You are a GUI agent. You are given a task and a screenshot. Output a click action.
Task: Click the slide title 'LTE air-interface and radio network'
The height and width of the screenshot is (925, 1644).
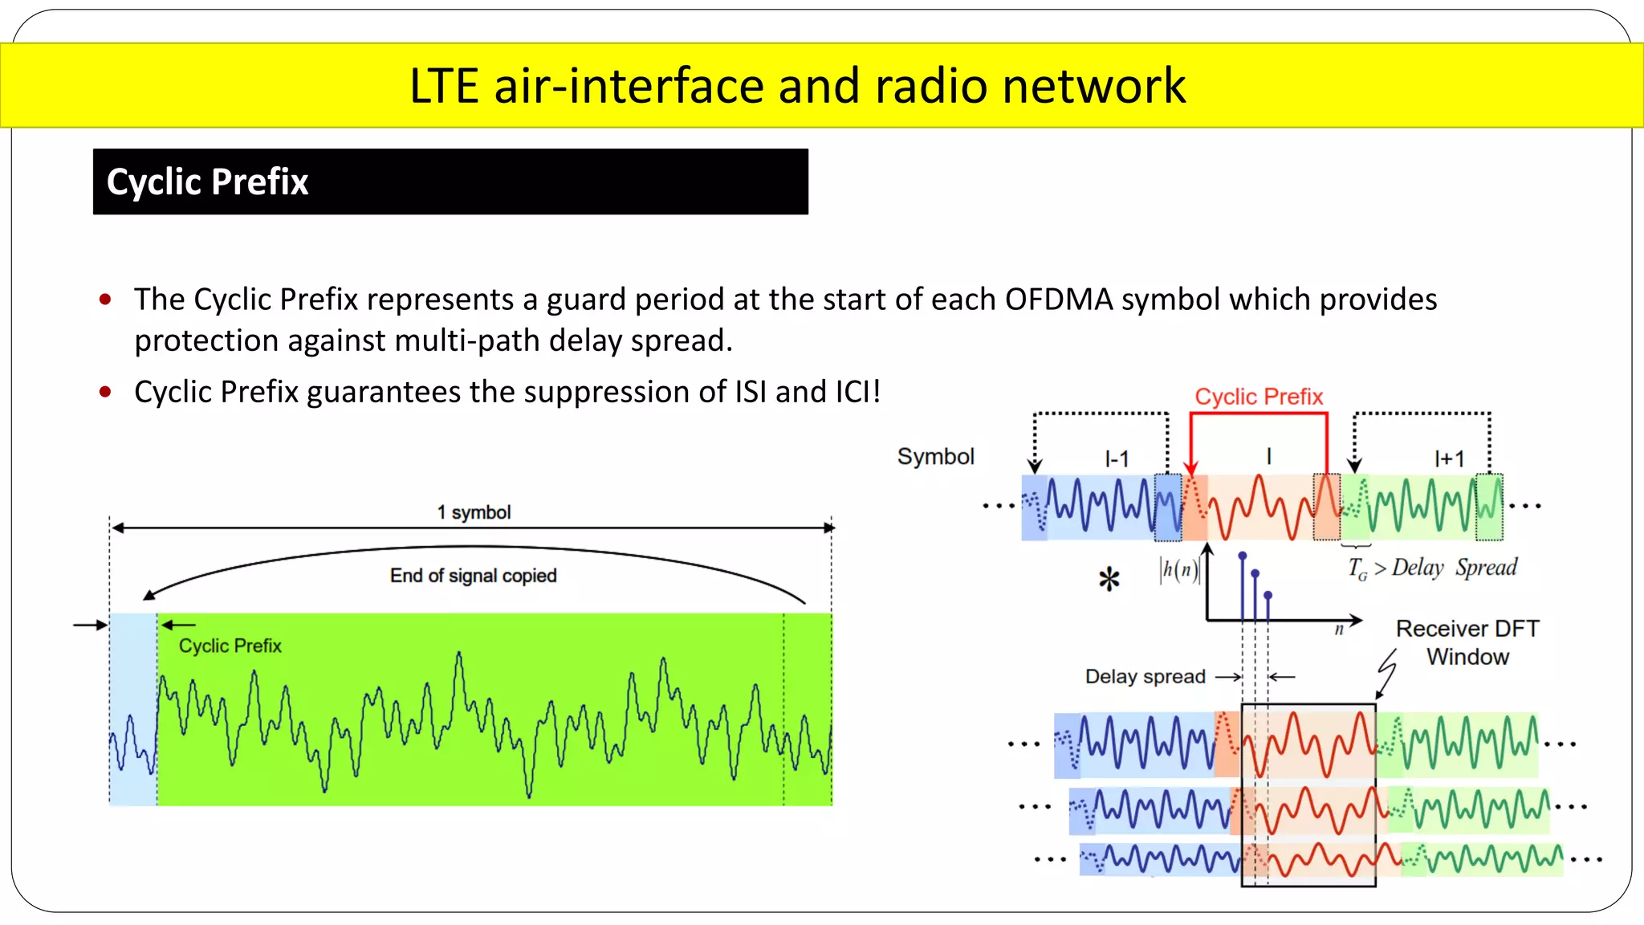797,86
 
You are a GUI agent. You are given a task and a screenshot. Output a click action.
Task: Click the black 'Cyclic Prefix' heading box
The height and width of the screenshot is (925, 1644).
450,181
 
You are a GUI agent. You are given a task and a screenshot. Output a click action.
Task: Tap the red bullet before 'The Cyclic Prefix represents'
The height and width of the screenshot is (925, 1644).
105,300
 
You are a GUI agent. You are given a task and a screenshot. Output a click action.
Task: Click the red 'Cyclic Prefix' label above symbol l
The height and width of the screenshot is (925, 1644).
1258,397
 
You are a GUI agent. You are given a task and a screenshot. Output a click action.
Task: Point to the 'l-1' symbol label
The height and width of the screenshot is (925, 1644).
1117,458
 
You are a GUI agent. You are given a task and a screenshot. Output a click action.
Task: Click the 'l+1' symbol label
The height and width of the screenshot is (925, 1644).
1449,458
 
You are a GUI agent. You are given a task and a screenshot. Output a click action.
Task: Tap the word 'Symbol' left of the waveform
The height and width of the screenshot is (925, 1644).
935,456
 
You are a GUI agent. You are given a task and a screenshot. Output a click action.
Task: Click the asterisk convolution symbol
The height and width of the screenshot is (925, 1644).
1109,579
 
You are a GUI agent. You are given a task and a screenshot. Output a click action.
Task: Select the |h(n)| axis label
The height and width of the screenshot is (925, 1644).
1178,570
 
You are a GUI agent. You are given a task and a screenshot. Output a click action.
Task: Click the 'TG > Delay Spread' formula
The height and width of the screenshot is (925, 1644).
1433,568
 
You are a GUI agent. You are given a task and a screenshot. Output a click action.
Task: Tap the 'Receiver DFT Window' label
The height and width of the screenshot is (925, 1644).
1467,642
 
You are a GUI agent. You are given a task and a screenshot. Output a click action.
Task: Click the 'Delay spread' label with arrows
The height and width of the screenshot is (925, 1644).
1146,676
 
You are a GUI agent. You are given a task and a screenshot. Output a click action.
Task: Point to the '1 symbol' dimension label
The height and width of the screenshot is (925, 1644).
474,512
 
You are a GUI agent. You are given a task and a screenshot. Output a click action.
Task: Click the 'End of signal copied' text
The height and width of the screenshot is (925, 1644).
473,576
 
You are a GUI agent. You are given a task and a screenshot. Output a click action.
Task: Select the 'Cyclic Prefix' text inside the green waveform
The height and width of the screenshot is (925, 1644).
230,646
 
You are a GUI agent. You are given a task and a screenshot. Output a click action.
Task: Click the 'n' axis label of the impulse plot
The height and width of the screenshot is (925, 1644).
1338,630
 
